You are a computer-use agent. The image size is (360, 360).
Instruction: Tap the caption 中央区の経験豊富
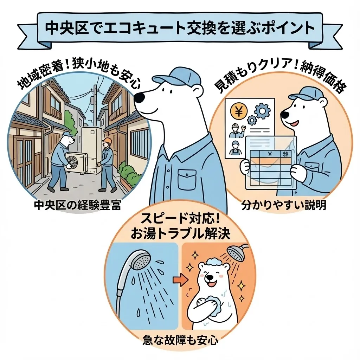pyautogui.click(x=78, y=205)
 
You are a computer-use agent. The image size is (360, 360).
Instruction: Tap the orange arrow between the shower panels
pyautogui.click(x=178, y=280)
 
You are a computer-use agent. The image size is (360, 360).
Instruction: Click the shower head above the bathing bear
pyautogui.click(x=234, y=252)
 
